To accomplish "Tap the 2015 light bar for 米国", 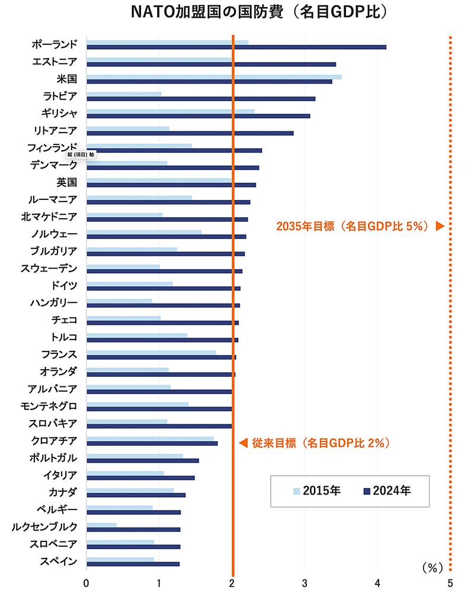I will (x=213, y=77).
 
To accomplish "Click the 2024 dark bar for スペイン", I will (x=133, y=564).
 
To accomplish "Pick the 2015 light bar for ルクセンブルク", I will (x=101, y=524).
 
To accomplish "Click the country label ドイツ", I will (x=64, y=285).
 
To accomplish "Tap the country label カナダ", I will (x=62, y=491).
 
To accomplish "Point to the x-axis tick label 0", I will (x=87, y=583).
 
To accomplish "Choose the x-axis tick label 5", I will (x=450, y=583).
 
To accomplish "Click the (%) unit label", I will (x=433, y=567).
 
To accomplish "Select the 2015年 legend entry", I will (x=317, y=490).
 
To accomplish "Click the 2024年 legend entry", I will (x=388, y=490).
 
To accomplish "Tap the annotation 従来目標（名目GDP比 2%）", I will (x=320, y=443).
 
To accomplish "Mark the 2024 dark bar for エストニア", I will (x=211, y=64).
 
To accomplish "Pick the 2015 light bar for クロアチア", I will (x=150, y=438).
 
